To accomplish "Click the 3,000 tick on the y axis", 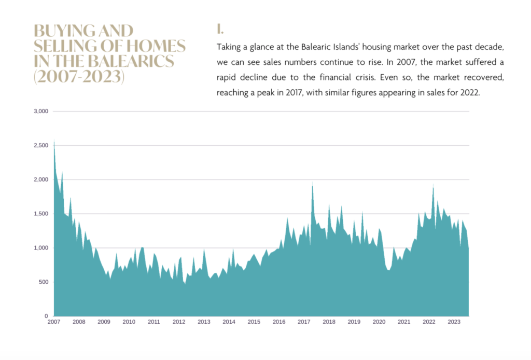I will point(40,111).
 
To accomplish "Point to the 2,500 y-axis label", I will point(40,145).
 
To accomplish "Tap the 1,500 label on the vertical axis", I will point(40,214).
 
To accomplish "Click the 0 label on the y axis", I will point(46,316).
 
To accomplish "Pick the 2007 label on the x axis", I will point(54,322).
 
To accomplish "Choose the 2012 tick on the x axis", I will point(179,322).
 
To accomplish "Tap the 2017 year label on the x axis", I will point(304,322).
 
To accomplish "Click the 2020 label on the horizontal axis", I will point(379,322).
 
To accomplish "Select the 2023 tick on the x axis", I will point(454,322).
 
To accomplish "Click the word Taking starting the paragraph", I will point(229,47).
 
